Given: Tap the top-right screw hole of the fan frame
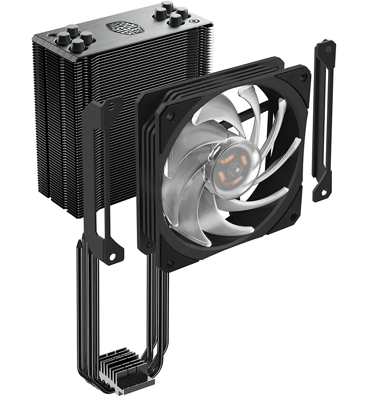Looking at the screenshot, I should pyautogui.click(x=303, y=78).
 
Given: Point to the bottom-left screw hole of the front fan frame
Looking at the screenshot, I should pyautogui.click(x=170, y=262).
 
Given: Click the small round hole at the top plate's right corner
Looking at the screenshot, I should pyautogui.click(x=196, y=22).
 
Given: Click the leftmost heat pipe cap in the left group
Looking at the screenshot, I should pyautogui.click(x=62, y=37).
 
